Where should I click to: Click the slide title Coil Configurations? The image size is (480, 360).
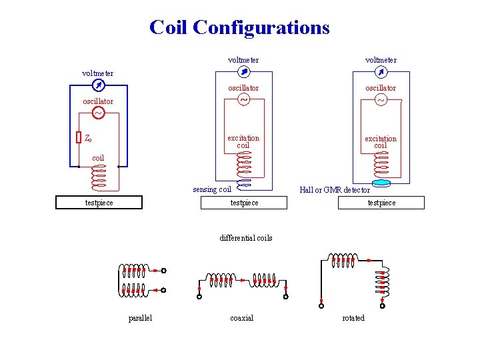239,27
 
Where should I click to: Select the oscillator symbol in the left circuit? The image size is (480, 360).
97,113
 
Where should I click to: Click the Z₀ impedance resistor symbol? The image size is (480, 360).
78,137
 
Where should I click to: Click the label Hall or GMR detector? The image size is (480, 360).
335,190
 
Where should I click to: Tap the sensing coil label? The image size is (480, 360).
212,189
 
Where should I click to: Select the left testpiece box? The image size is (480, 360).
99,203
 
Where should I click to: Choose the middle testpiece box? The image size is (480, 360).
244,203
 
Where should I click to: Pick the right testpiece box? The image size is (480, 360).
381,203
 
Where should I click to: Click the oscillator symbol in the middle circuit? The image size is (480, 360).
243,100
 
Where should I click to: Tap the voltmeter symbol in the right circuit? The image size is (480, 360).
381,72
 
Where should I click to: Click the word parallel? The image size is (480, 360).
140,318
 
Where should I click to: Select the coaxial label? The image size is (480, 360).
241,318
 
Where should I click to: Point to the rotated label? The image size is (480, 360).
353,318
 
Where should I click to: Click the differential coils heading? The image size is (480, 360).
246,238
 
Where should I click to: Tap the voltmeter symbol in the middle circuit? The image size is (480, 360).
243,72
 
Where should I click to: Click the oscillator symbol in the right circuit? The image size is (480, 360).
381,100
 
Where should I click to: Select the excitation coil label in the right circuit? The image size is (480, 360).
381,142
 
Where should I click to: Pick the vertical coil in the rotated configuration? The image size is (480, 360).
383,283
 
